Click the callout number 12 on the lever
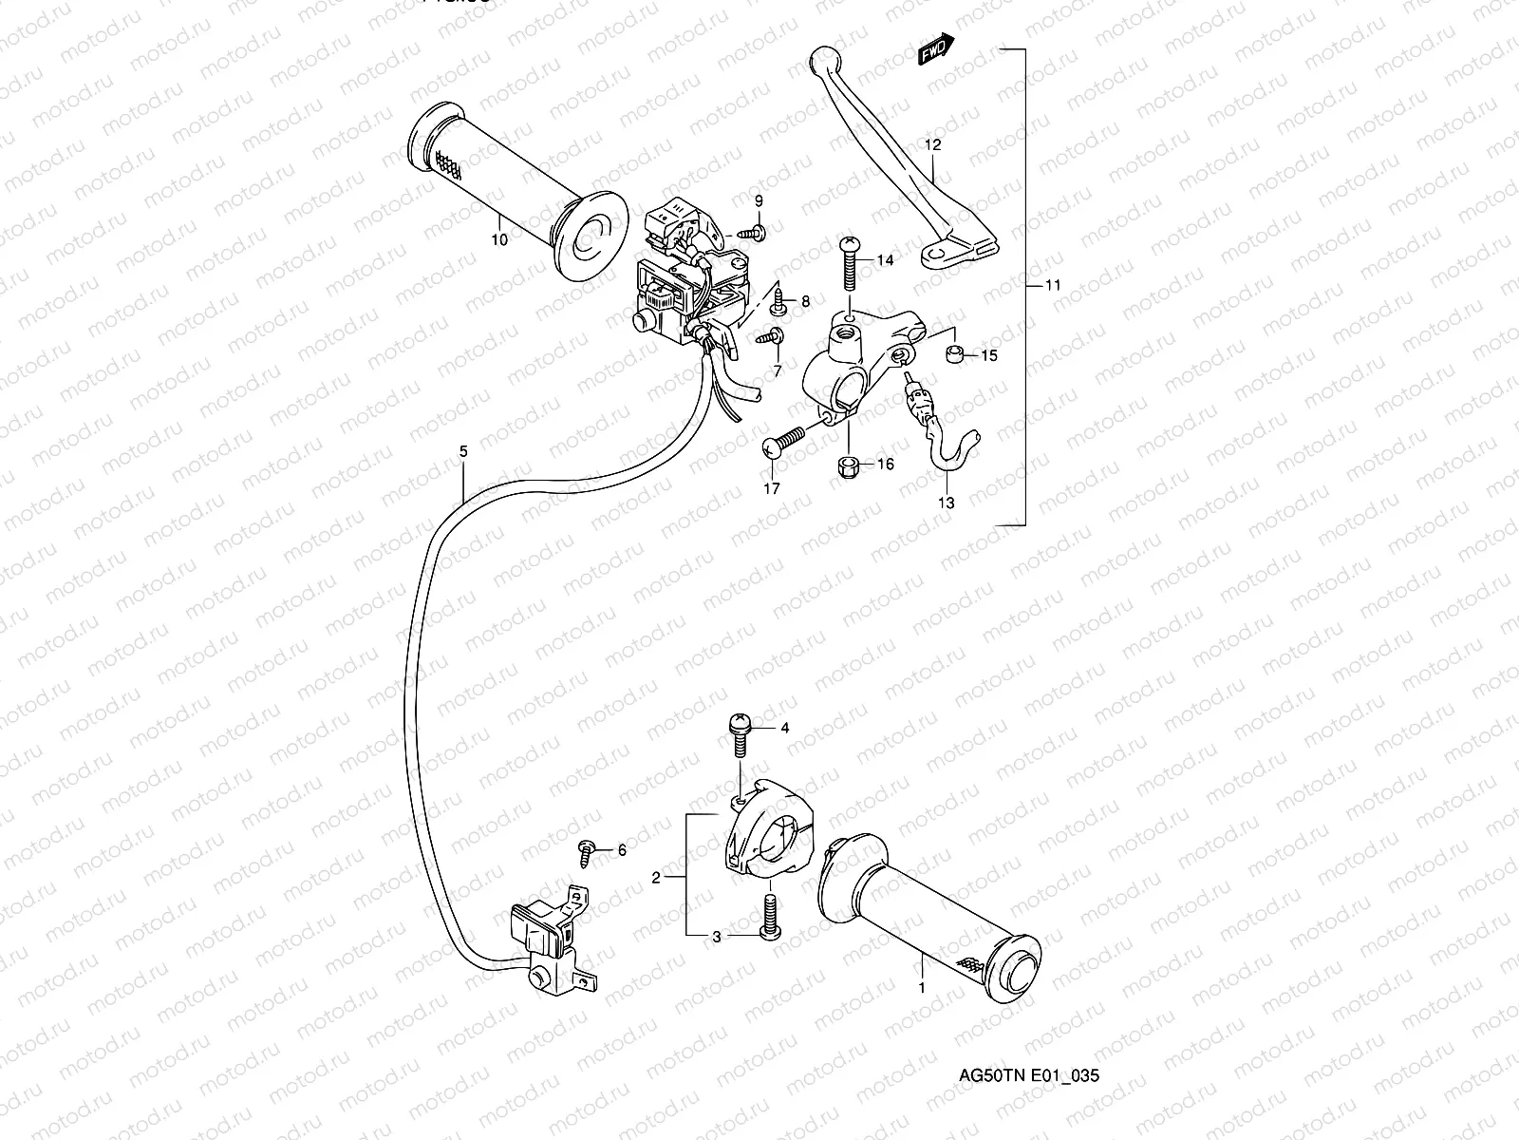[932, 144]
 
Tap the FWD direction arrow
[936, 50]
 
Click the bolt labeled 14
[849, 260]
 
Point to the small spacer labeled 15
[957, 355]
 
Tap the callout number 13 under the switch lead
[947, 503]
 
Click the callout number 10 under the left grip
[499, 239]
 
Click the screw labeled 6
[587, 851]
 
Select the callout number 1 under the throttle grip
[920, 987]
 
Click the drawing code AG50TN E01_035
[1028, 1075]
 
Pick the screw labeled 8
[779, 304]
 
